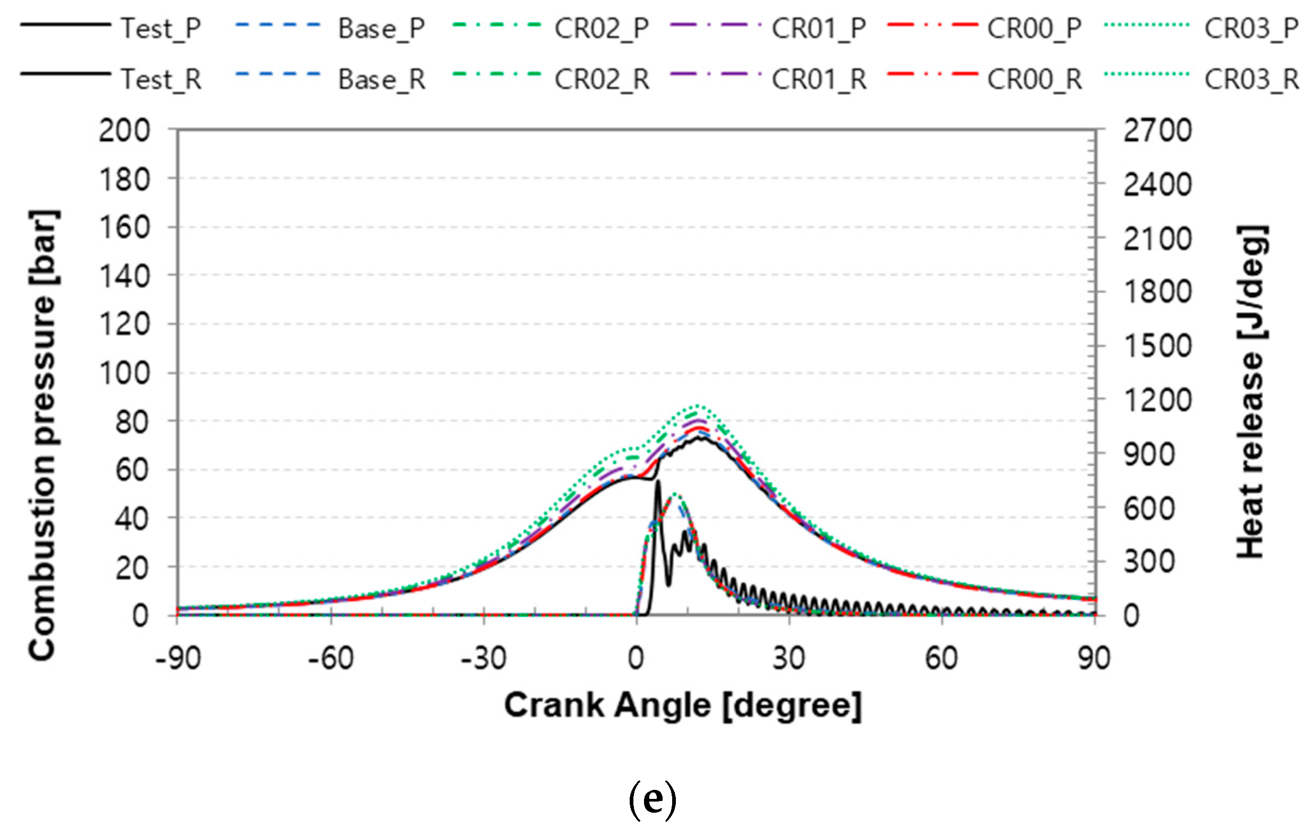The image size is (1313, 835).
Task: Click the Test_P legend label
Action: point(161,28)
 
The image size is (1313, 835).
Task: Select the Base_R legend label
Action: point(382,80)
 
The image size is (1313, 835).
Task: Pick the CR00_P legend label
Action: point(1034,28)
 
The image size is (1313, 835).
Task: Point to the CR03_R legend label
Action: point(1251,80)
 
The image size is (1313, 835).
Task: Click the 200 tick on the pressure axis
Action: point(124,131)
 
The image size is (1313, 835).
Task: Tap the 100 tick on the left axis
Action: point(124,373)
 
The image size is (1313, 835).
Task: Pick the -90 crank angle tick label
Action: point(178,658)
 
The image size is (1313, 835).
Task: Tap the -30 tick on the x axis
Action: point(484,658)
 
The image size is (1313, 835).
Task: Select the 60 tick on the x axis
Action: point(941,658)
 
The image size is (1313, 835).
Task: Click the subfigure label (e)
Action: point(652,800)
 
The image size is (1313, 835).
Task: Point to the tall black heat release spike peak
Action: point(658,482)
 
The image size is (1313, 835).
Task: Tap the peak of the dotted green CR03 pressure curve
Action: point(696,406)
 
